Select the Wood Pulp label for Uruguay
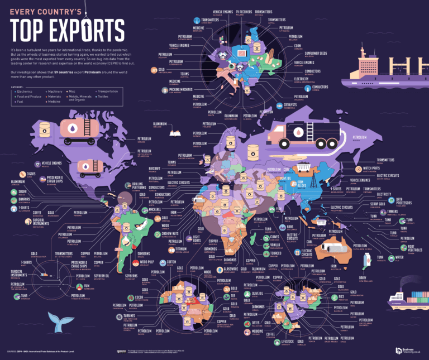[x=146, y=260]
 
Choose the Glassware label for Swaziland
[x=231, y=270]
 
